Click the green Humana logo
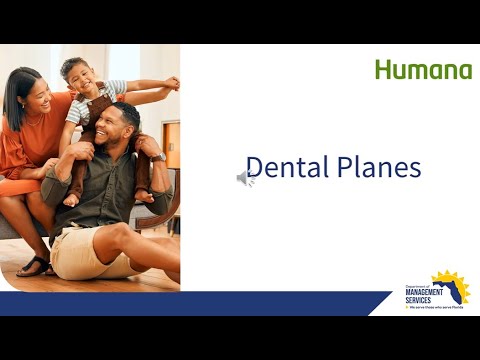423,70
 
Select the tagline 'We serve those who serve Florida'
436,308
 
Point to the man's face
120,128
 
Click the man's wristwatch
158,157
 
